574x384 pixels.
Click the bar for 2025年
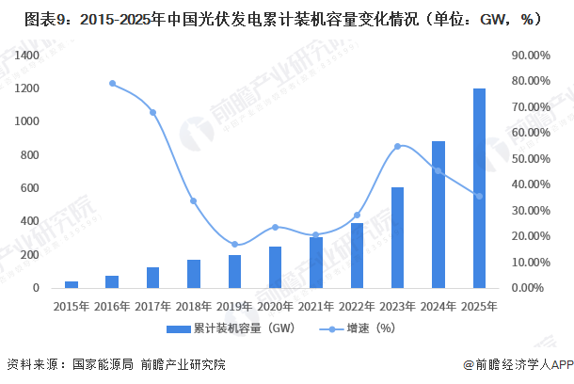[479, 188]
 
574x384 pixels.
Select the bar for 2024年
[438, 215]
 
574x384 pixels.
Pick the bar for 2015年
[72, 283]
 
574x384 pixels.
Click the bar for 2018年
[194, 273]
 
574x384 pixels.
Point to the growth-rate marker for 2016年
[112, 84]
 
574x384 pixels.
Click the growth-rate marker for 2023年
[397, 146]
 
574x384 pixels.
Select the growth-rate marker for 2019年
[234, 245]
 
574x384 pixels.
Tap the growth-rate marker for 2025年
[479, 196]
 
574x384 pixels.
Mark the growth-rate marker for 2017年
[152, 113]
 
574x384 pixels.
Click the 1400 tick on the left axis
[26, 56]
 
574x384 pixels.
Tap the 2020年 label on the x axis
[275, 306]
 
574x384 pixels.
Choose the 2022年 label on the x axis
[357, 306]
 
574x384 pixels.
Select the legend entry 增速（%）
[358, 329]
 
